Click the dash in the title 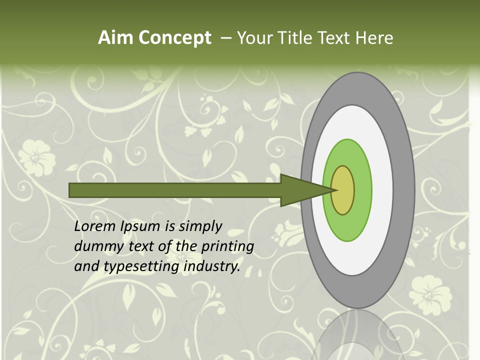225,38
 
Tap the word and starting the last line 86,266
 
